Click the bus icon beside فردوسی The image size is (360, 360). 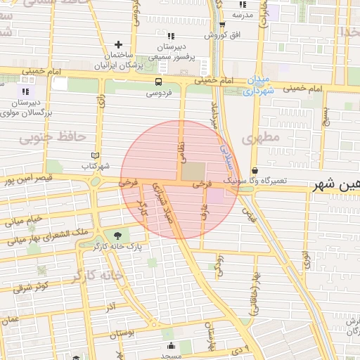tap(159, 82)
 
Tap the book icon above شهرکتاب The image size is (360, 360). tap(96, 156)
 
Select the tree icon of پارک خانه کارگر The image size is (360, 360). tap(117, 236)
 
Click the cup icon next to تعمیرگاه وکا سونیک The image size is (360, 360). tap(255, 171)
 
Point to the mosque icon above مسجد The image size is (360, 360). tap(171, 345)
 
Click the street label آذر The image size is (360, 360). tap(111, 307)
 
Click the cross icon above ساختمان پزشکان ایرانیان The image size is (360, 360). tap(118, 45)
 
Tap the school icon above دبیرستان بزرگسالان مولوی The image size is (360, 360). tap(26, 91)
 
